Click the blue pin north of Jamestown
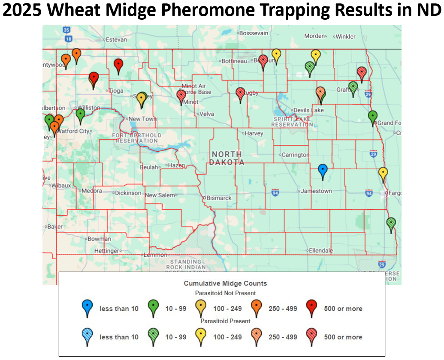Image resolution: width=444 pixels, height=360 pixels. click(323, 171)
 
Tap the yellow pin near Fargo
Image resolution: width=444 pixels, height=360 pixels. click(383, 174)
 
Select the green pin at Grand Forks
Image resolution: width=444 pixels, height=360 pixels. click(372, 117)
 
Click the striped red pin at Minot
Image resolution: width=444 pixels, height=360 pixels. click(181, 96)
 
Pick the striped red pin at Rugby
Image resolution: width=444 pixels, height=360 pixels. click(241, 93)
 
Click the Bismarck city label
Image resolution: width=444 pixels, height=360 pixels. click(219, 198)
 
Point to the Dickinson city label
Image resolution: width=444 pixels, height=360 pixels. click(128, 193)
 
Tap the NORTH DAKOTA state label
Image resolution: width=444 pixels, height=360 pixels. click(227, 158)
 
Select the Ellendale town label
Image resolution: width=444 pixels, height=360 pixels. click(321, 250)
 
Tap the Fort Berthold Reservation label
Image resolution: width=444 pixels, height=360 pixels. click(137, 138)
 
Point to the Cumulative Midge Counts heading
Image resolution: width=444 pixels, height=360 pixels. click(225, 283)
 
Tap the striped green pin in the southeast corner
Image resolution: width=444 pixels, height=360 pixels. click(391, 224)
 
